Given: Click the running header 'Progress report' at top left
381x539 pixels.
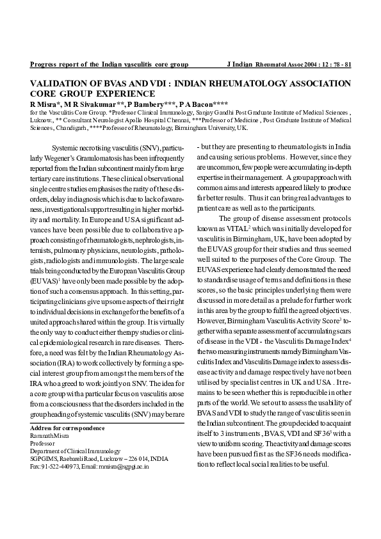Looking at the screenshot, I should (53, 65).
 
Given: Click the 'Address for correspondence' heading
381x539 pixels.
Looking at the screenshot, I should (68, 428).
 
